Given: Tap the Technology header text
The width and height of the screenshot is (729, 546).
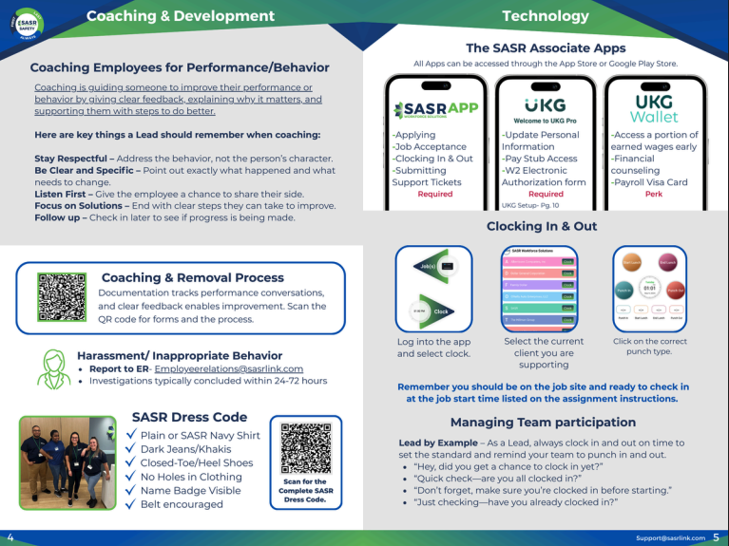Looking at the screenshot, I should click(545, 16).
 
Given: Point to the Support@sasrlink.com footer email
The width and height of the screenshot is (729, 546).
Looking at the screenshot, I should click(671, 537).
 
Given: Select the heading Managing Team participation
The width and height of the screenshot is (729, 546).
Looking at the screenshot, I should click(543, 422).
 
